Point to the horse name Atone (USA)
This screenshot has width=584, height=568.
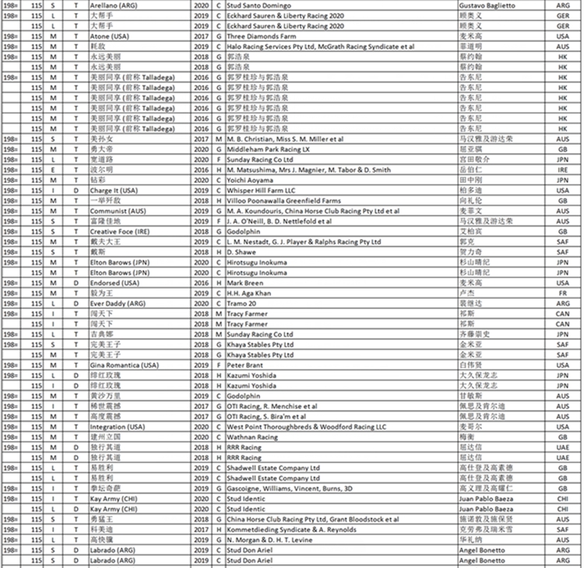coord(109,36)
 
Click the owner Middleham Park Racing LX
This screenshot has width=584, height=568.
coord(268,148)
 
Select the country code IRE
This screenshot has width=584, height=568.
coord(562,169)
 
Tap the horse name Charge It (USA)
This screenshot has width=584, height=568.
coord(114,189)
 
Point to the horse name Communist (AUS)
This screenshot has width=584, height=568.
coord(118,210)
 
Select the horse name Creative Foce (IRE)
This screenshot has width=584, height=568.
coord(120,231)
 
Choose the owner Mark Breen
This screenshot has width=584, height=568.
coord(246,282)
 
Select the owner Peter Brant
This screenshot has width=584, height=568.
coord(245,365)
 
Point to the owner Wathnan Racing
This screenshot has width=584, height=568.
coord(252,437)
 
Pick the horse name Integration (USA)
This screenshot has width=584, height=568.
coord(118,426)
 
